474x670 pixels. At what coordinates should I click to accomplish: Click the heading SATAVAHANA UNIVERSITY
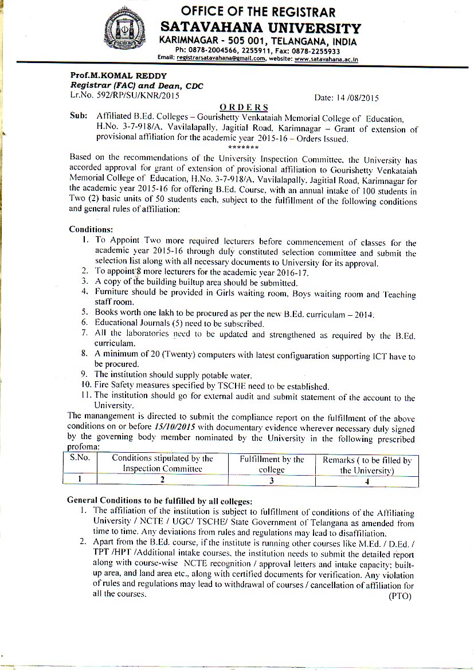coord(261,28)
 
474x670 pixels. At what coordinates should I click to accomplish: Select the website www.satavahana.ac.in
coord(326,58)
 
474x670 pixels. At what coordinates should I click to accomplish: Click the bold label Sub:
coord(78,116)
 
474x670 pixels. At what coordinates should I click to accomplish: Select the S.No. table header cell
coord(81,459)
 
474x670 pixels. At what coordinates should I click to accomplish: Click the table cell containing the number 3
coord(272,480)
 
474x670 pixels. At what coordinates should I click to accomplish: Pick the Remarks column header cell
coord(366,465)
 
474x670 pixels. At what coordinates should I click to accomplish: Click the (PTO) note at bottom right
coord(399,596)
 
